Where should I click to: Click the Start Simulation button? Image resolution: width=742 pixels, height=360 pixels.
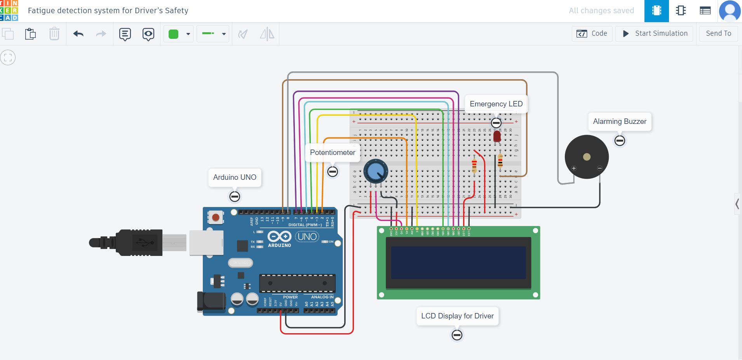click(655, 33)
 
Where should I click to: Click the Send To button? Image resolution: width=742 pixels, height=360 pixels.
click(718, 33)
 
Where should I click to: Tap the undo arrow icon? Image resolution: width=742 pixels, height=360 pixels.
click(78, 34)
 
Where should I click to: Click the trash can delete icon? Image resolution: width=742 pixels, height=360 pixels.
click(54, 34)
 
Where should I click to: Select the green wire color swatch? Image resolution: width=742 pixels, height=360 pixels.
click(174, 34)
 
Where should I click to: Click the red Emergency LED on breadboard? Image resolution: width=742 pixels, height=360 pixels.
click(497, 137)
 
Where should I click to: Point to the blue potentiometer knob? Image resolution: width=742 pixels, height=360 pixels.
click(376, 171)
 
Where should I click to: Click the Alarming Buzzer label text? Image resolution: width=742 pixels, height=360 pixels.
click(619, 122)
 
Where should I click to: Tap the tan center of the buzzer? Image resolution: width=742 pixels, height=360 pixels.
click(587, 157)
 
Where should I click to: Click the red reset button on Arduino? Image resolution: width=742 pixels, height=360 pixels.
click(216, 217)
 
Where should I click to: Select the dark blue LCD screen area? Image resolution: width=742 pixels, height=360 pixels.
click(458, 263)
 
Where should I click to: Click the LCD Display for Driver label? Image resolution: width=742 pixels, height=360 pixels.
click(457, 316)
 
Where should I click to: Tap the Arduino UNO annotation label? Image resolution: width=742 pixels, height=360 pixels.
click(235, 177)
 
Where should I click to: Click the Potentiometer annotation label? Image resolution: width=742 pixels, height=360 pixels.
click(333, 153)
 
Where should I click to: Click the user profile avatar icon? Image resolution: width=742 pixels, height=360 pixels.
click(730, 11)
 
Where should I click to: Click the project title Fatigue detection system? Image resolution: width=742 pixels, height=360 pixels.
click(108, 11)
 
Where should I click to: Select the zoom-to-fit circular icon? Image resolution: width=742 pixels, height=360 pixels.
click(8, 58)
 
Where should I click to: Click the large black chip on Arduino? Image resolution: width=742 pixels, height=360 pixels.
click(297, 283)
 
